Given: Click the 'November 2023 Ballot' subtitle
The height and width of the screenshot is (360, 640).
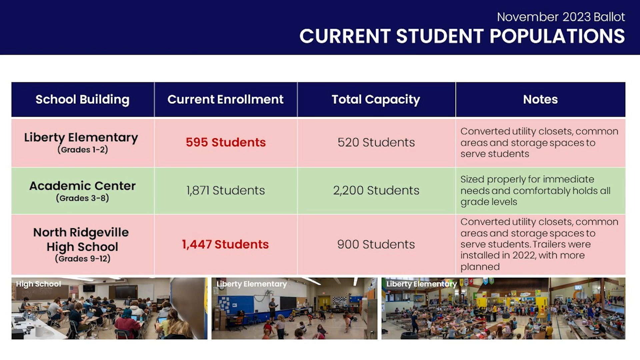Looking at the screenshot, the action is (x=561, y=17).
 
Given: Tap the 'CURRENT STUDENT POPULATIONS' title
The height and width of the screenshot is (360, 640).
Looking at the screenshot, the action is (x=462, y=36).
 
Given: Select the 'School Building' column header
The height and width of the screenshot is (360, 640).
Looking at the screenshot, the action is (x=82, y=99).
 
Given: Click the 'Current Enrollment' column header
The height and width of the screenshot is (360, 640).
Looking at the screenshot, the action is (x=225, y=99).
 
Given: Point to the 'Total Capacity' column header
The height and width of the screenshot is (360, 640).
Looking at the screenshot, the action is (x=376, y=99).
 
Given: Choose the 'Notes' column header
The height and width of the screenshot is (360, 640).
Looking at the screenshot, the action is (x=540, y=99).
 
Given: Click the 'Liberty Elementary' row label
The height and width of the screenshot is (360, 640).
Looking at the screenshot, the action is (x=81, y=137).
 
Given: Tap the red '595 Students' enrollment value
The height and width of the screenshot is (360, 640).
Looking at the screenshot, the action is (x=226, y=142).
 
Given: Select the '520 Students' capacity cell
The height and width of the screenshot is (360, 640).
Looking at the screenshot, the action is (x=376, y=142).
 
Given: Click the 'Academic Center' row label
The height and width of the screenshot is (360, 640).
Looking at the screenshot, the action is (x=82, y=186).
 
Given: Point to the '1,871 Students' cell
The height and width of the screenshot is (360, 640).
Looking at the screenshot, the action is (x=226, y=190).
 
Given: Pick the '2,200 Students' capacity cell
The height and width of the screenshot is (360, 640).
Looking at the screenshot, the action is (x=376, y=190).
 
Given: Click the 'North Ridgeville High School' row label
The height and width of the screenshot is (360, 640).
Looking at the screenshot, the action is (x=81, y=239).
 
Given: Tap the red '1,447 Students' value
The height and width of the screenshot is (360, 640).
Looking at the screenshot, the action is (x=225, y=244).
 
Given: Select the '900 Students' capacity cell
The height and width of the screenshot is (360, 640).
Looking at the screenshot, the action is (x=376, y=244).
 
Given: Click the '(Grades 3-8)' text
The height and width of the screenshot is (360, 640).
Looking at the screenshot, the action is (x=82, y=198).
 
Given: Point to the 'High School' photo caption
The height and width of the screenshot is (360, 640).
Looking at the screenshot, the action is (x=38, y=284).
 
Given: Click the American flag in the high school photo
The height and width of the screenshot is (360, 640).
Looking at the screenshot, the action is (x=74, y=290).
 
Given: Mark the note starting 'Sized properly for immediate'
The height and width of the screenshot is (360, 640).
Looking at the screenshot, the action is (x=535, y=190).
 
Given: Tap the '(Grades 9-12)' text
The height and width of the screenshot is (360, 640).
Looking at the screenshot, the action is (x=83, y=259).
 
